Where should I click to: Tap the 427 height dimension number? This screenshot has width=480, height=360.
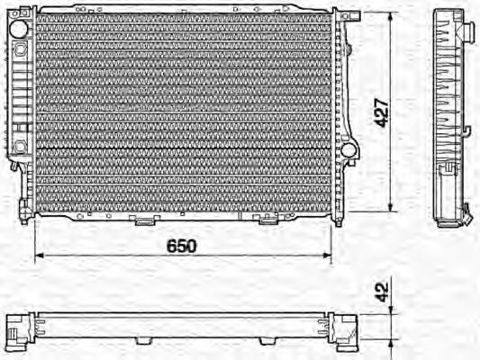tap(382, 112)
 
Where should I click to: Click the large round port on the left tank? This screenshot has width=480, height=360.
tap(18, 29)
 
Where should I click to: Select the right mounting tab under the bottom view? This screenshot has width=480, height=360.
tap(267, 341)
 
